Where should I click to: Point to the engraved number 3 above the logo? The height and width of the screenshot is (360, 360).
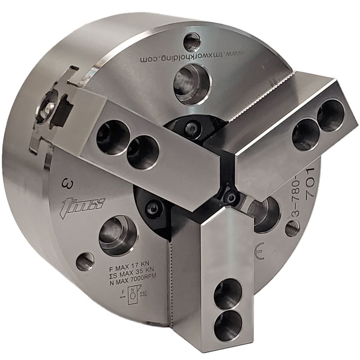click(x=65, y=183)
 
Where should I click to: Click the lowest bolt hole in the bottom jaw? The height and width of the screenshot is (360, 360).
click(x=228, y=324)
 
